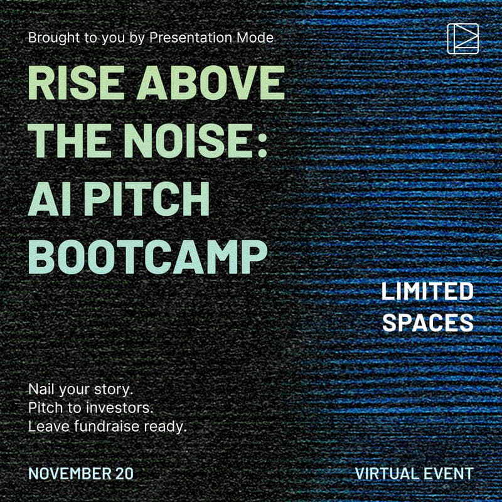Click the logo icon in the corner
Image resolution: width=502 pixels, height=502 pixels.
[x=463, y=39]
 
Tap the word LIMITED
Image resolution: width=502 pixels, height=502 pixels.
[x=427, y=291]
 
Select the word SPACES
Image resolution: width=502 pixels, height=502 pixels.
[x=427, y=322]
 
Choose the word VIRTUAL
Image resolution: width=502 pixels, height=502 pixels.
[x=387, y=473]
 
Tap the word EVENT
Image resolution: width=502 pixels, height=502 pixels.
[x=449, y=473]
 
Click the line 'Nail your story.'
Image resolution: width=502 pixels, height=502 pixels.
[x=81, y=388]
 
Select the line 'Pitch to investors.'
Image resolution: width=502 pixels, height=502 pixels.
[x=91, y=408]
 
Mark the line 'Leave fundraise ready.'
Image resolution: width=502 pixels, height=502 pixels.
[x=108, y=427]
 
